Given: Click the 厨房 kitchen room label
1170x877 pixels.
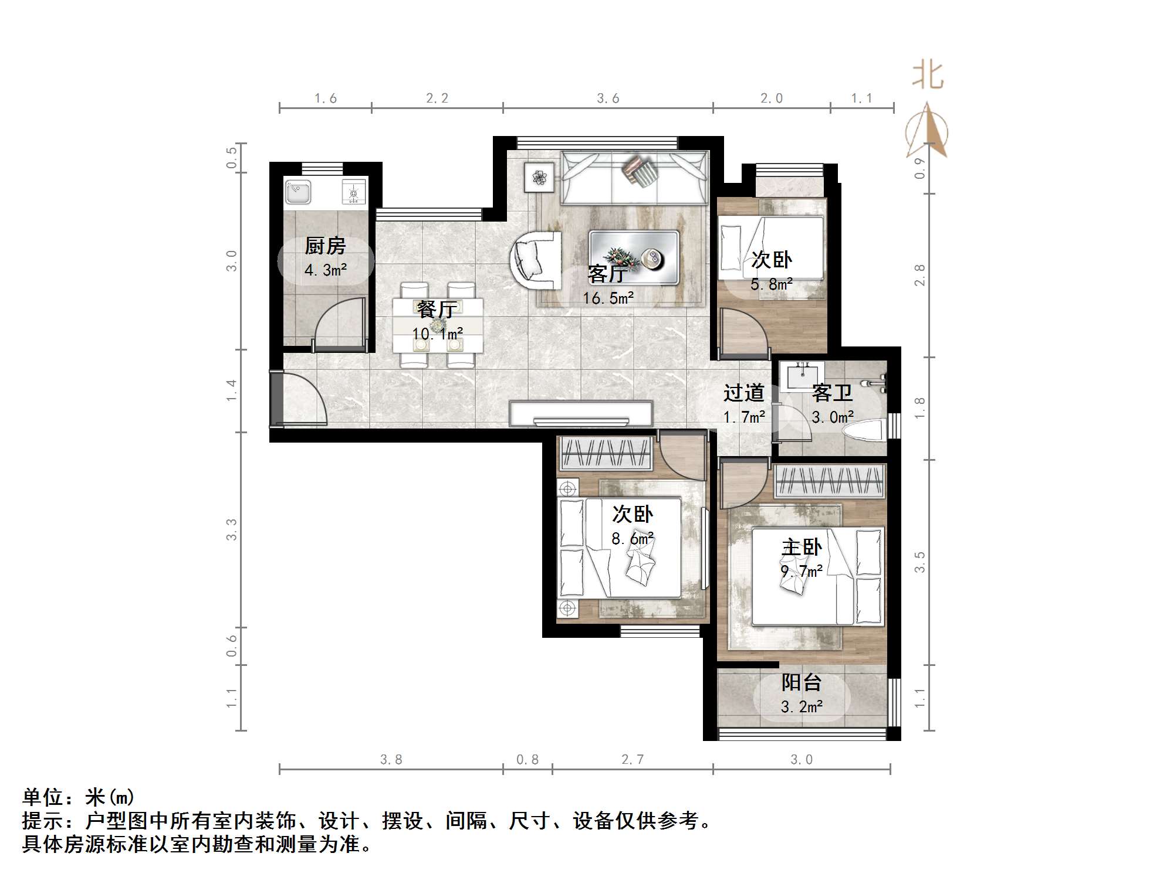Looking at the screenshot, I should click(x=325, y=246).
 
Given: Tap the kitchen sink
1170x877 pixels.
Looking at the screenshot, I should click(x=298, y=192).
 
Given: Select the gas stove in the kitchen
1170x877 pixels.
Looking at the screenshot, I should click(x=354, y=192).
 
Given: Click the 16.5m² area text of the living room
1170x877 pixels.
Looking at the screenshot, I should click(x=608, y=298).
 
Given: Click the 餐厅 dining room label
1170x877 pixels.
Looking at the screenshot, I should click(x=437, y=309).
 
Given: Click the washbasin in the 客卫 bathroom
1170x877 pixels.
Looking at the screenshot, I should click(x=802, y=375).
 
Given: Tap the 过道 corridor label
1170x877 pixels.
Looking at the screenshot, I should click(x=743, y=392).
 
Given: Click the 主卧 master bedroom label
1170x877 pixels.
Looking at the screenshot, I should click(x=802, y=548).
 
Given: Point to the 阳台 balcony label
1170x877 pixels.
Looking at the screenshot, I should click(x=801, y=682).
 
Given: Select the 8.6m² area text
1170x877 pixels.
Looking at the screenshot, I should click(x=632, y=538).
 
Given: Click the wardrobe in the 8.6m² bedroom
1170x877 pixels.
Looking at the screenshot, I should click(x=606, y=453).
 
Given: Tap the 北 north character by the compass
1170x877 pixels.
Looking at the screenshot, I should click(x=927, y=76).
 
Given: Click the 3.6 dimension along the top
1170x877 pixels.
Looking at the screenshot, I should click(x=608, y=98).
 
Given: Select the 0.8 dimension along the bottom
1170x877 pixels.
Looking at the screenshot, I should click(x=527, y=760).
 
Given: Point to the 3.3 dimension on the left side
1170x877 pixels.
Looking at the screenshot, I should click(x=232, y=529).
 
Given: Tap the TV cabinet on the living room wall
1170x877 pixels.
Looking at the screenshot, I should click(x=581, y=413).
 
